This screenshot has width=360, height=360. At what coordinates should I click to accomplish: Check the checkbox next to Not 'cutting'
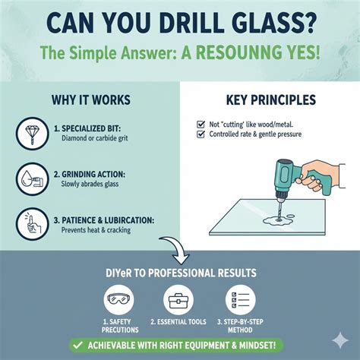(201, 124)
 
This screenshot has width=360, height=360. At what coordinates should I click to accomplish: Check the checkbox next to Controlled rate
(201, 135)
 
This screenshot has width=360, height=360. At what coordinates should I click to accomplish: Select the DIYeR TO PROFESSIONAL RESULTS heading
(180, 273)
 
